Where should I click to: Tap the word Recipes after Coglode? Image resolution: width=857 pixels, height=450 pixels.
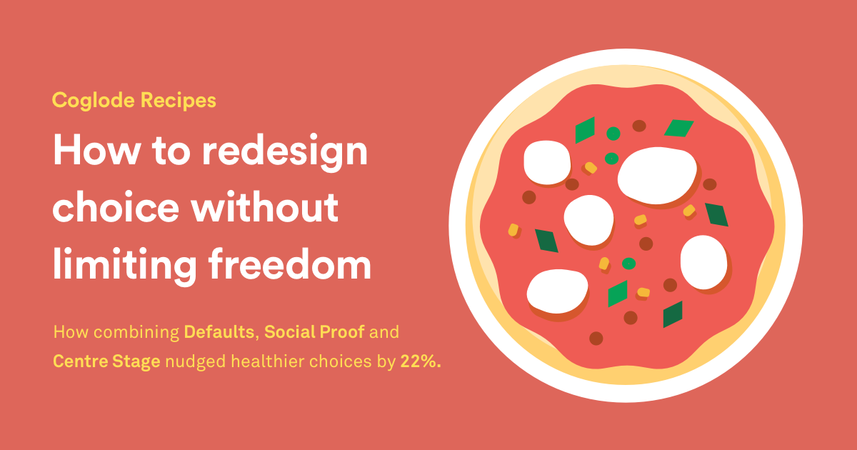[x=178, y=101]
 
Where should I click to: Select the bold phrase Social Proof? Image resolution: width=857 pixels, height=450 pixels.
[x=315, y=332]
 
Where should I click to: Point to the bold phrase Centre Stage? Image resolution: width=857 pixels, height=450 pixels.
[x=106, y=361]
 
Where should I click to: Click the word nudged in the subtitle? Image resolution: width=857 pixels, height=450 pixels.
[x=189, y=361]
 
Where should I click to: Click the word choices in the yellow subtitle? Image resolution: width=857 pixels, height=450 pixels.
[x=331, y=361]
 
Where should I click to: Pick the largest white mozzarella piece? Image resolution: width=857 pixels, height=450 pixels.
[x=656, y=175]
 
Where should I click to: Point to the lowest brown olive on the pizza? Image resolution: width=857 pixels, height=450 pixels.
[x=596, y=338]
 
